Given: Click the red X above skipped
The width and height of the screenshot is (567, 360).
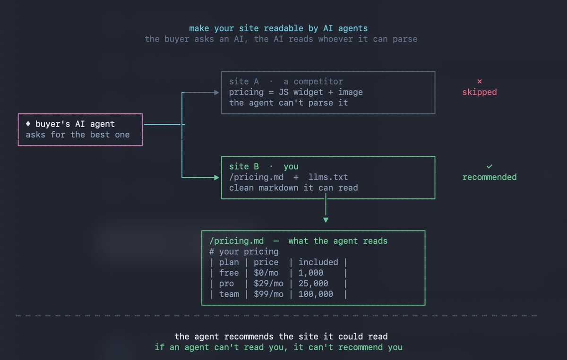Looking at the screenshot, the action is (x=480, y=81).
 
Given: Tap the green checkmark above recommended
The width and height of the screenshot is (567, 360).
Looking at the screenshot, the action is (x=490, y=166).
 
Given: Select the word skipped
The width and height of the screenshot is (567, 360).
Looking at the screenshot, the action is (x=480, y=92).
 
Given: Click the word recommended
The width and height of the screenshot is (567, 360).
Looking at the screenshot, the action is (x=490, y=177).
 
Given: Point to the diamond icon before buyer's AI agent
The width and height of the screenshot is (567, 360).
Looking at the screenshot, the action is (x=28, y=124).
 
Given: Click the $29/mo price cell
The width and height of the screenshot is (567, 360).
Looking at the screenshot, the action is (x=268, y=283).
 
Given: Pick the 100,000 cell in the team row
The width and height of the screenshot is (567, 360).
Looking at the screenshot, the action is (x=316, y=294).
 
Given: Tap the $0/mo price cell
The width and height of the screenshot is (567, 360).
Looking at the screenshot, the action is (x=266, y=273).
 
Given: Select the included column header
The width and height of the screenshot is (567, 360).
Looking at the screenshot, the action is (x=318, y=262).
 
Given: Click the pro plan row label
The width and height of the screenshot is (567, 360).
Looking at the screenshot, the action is (x=226, y=284).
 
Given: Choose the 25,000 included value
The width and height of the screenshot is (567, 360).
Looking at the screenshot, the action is (x=313, y=283).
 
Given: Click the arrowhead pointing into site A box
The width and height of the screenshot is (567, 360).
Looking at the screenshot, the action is (x=216, y=93).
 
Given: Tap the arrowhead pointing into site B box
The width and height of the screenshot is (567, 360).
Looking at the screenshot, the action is (x=216, y=178).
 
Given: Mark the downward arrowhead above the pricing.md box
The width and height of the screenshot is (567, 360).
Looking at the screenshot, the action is (x=326, y=220).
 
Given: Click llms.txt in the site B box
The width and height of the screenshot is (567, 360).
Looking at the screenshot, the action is (x=328, y=177).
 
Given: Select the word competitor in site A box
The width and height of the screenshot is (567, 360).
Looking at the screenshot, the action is (x=318, y=82).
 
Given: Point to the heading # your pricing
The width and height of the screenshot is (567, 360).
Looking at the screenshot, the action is (x=244, y=251).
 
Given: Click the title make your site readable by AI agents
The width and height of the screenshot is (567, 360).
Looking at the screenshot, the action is (x=278, y=28).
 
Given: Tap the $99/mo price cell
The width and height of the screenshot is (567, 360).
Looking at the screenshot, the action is (x=268, y=294).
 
